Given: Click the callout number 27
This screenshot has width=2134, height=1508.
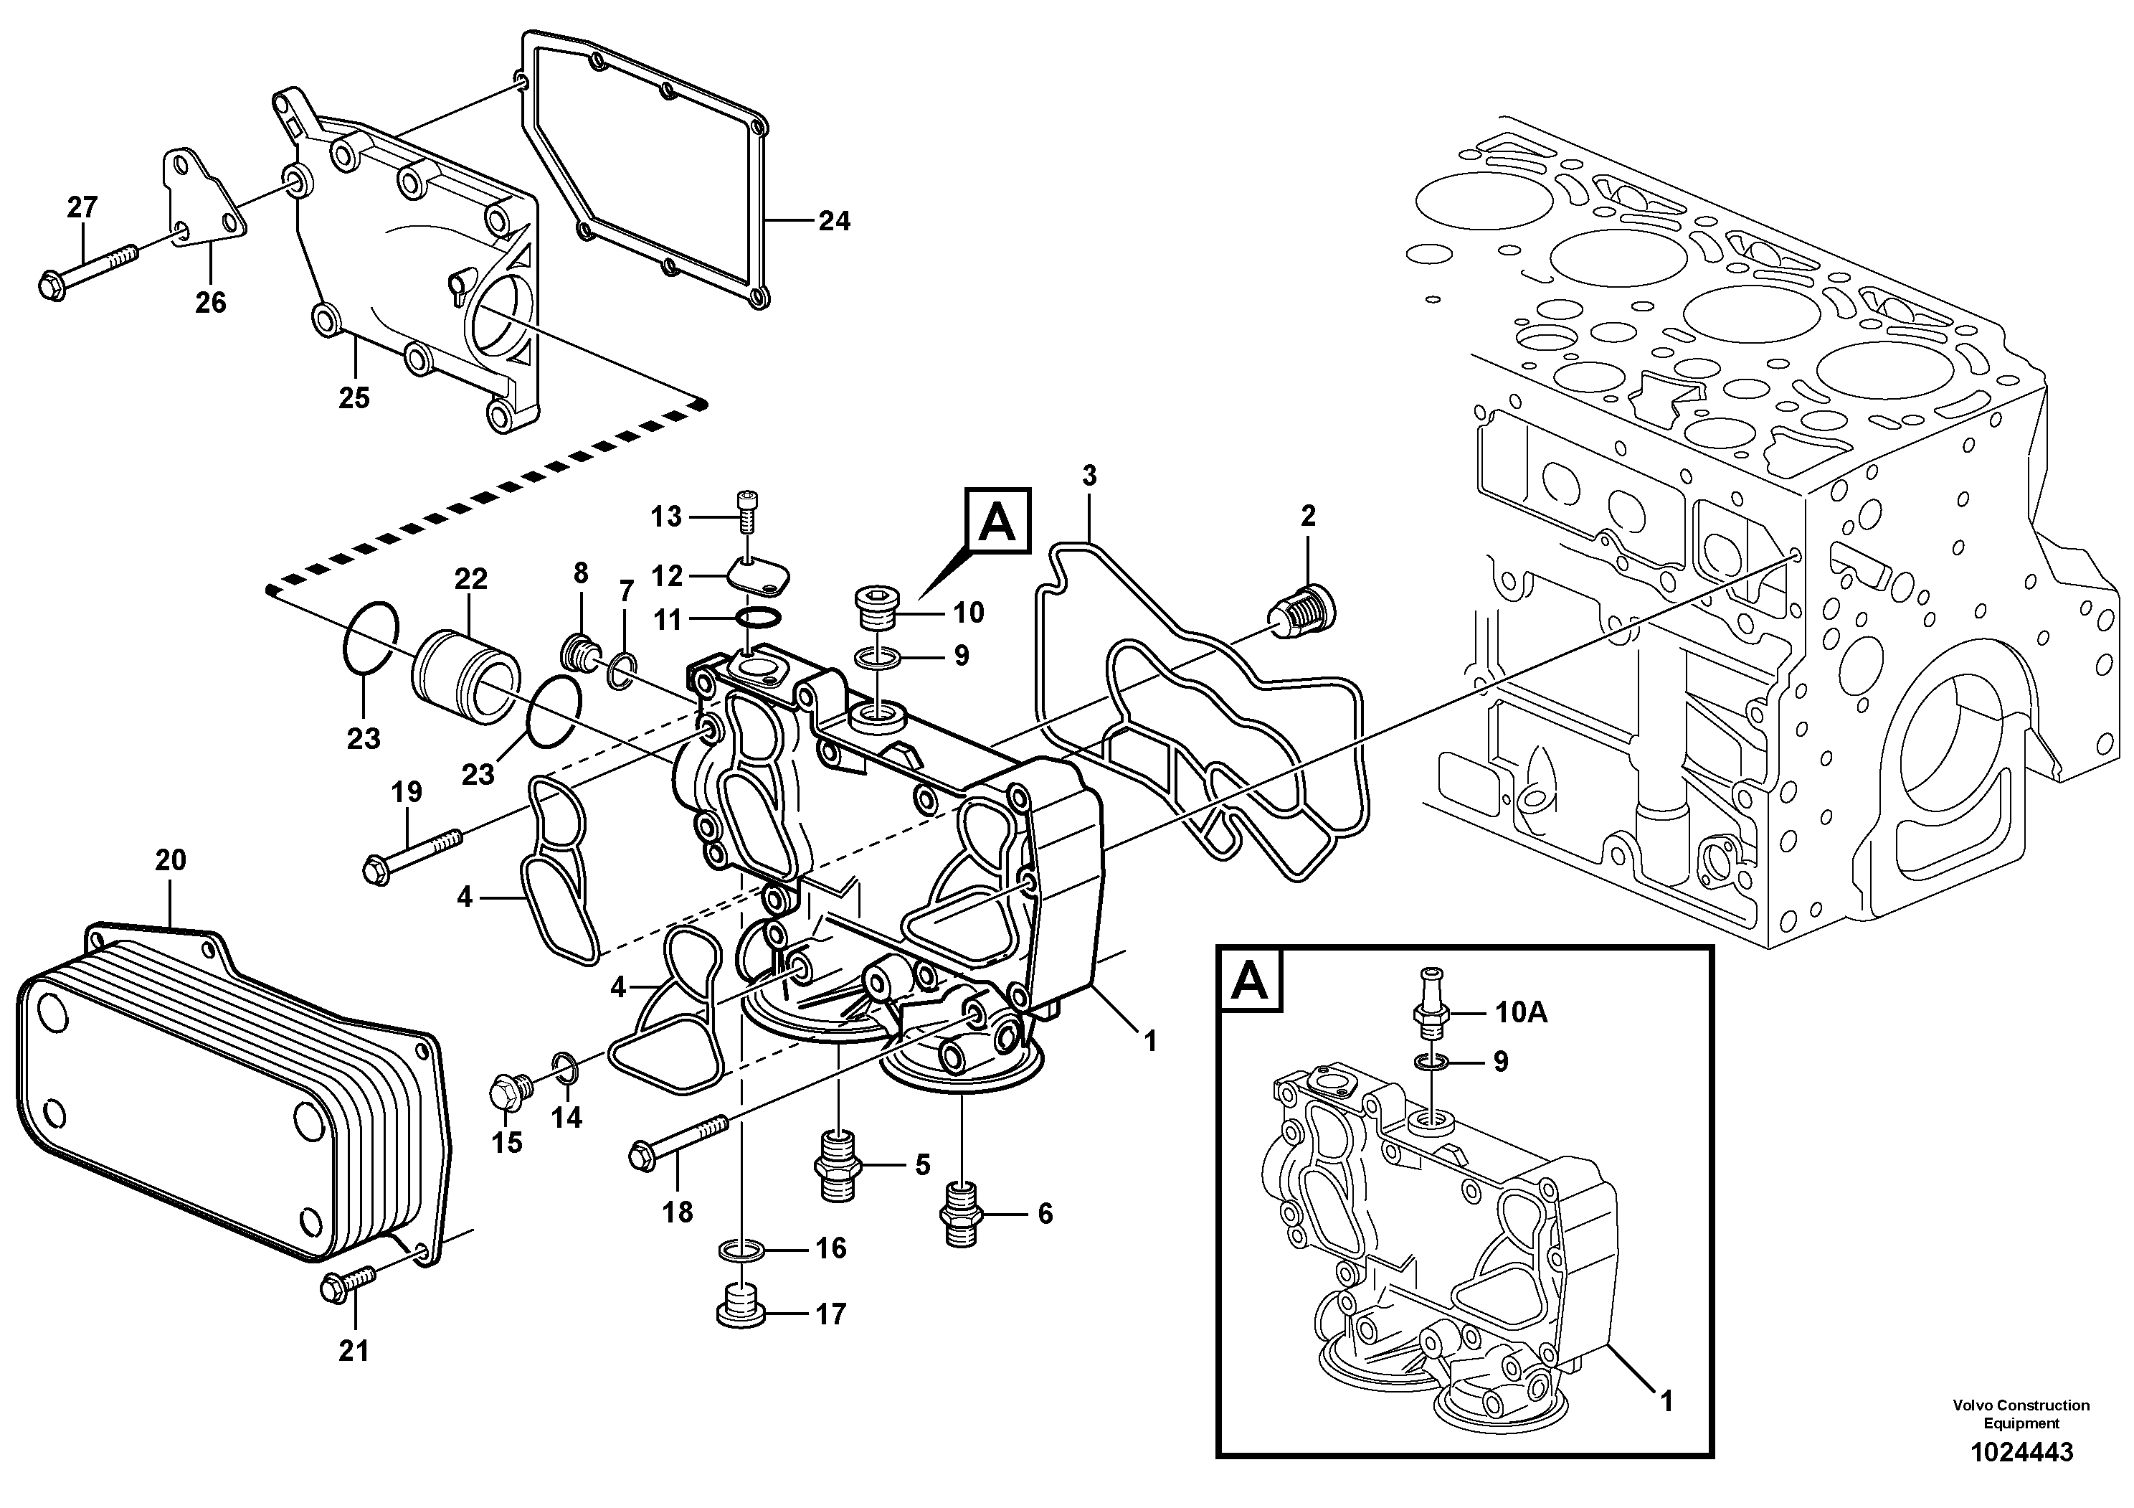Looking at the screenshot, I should coord(82,207).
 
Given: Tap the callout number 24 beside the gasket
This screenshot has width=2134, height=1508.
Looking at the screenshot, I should coord(834,221).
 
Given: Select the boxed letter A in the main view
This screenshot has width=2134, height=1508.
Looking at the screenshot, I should coord(997,522).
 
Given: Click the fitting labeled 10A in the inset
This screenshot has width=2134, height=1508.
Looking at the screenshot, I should coord(1431,999).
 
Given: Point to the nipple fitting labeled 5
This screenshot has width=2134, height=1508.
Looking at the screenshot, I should coord(838,1168).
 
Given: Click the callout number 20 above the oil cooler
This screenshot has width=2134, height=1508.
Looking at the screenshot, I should coord(170,860).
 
